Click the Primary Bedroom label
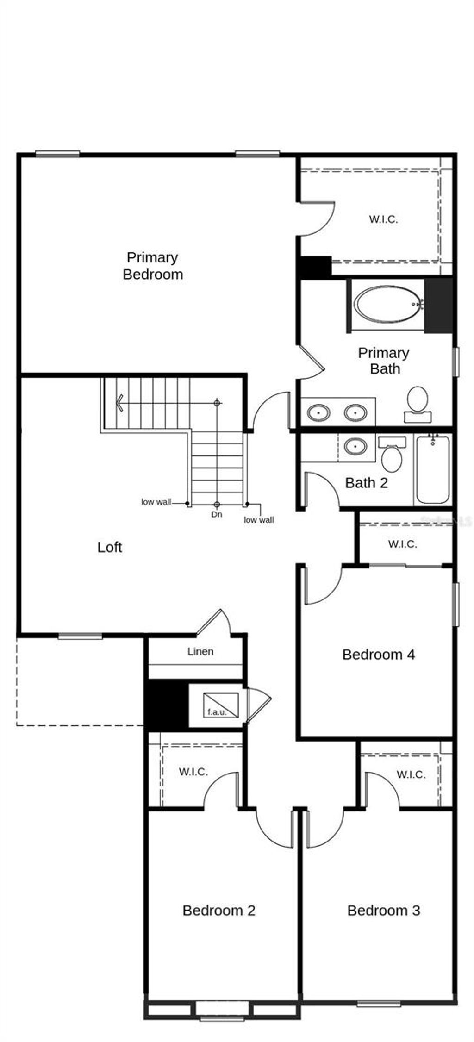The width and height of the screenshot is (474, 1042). (153, 266)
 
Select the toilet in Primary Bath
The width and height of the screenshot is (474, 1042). (418, 401)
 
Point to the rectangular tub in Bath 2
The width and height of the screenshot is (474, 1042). (432, 469)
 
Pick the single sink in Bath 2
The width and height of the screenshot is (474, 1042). (355, 447)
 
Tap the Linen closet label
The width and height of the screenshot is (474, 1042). (200, 651)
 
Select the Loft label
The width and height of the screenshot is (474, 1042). (110, 547)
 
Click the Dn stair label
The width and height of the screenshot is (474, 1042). (217, 514)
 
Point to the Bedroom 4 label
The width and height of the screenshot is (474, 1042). (379, 655)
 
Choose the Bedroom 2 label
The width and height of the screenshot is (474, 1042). (219, 911)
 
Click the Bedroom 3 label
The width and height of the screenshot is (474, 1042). (384, 911)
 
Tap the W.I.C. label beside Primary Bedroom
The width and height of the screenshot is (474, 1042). (383, 219)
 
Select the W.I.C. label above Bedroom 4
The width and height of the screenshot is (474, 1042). (403, 544)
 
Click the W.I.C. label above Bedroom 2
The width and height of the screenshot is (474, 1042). (193, 772)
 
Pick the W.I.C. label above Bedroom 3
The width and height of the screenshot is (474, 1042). (411, 774)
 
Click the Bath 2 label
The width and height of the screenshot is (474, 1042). (367, 483)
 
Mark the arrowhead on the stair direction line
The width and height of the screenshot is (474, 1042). (120, 403)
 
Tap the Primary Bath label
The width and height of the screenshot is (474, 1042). (384, 361)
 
